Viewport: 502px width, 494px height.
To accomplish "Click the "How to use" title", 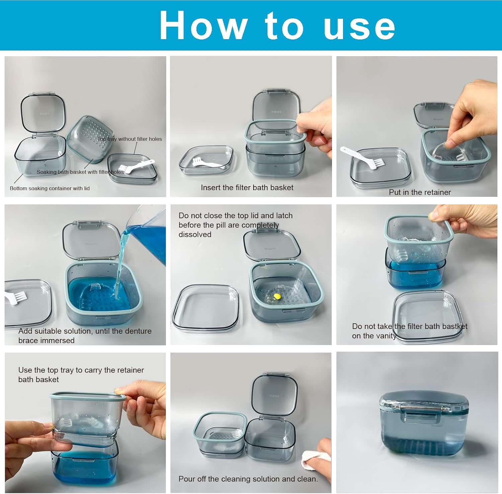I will (277, 25).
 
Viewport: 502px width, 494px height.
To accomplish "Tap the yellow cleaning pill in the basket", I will (277, 296).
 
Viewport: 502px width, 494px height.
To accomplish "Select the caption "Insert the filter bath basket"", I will (247, 188).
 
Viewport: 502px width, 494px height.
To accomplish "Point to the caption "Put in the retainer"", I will (420, 192).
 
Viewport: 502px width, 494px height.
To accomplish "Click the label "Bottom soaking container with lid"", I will (50, 188).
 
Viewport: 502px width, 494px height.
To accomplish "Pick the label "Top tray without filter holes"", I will (130, 139).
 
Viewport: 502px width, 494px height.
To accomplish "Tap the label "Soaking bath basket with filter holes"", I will (80, 172).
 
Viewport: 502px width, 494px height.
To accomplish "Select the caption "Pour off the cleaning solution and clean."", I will (248, 479).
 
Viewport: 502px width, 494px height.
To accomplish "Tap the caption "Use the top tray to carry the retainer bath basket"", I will (81, 375).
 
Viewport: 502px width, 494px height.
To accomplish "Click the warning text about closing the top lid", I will (235, 225).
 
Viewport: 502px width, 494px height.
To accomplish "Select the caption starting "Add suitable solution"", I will (85, 335).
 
